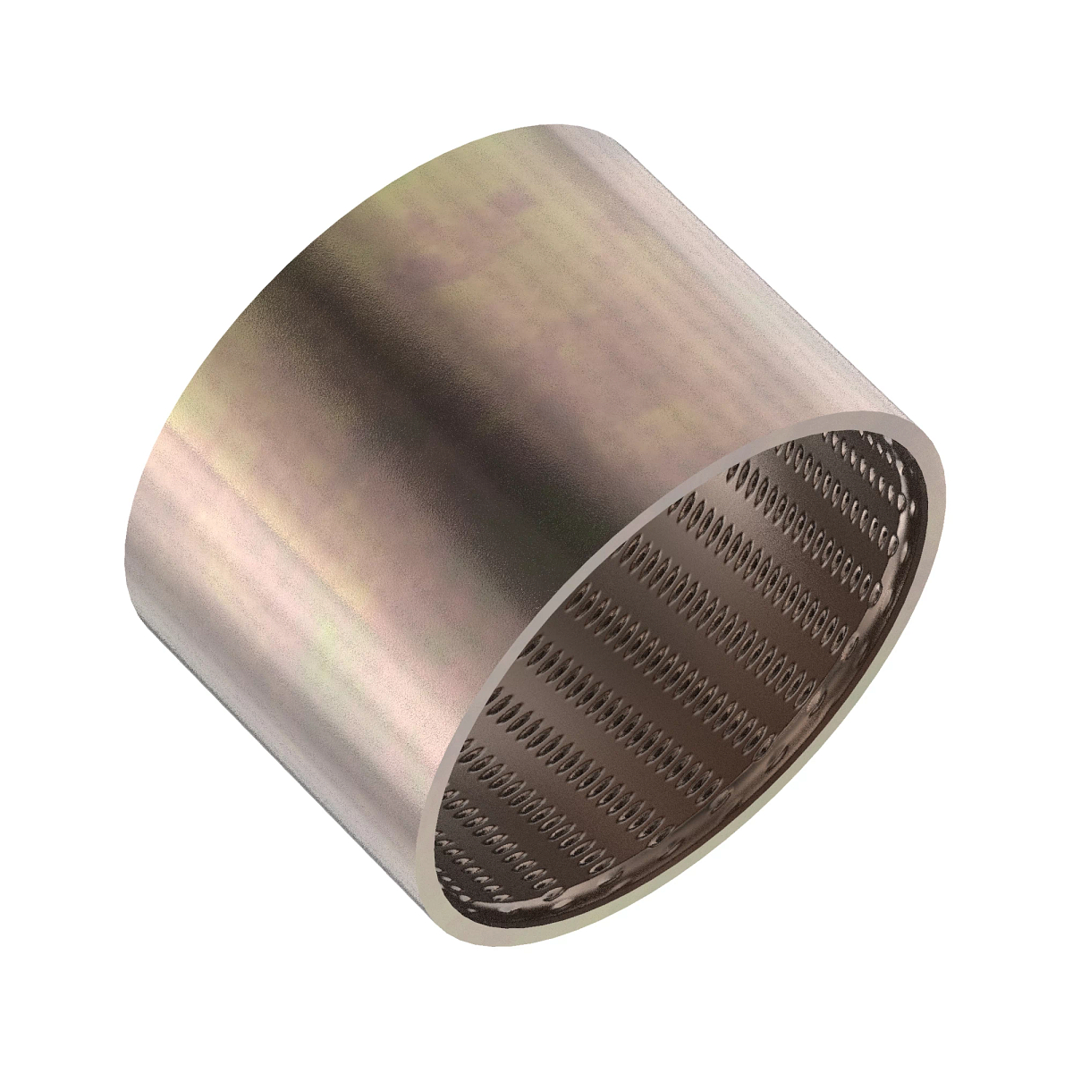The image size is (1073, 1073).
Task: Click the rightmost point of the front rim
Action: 944,501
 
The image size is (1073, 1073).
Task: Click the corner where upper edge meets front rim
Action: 894,413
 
